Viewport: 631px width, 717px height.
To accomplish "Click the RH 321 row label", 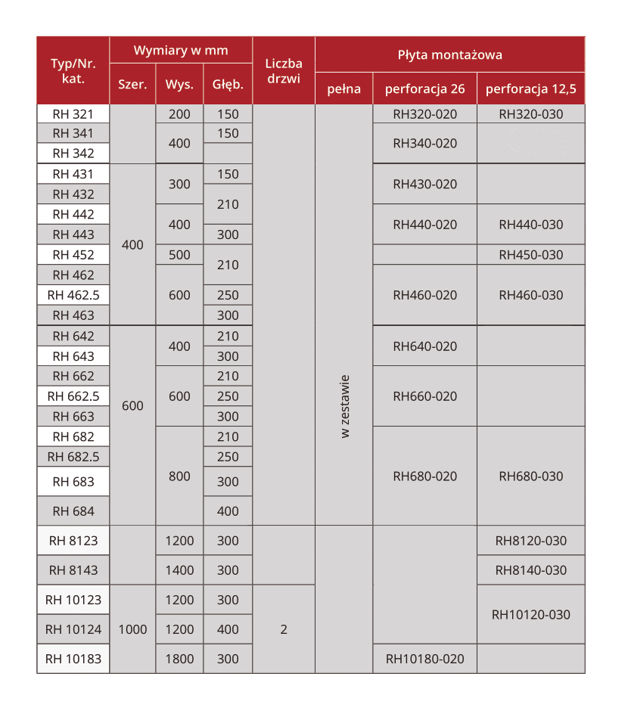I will click(x=73, y=114).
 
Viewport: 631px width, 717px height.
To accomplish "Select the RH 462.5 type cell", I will click(x=73, y=295).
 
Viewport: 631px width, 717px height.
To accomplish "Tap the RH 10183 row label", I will click(x=73, y=659).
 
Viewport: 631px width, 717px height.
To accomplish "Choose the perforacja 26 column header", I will click(x=424, y=89).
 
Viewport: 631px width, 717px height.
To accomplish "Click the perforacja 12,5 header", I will click(x=530, y=89).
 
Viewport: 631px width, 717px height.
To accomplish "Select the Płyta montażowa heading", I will click(x=449, y=54).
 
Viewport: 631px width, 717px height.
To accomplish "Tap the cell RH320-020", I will click(x=424, y=114).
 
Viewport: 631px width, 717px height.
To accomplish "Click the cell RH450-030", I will click(x=530, y=255).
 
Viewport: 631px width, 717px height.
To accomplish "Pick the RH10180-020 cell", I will click(x=424, y=659).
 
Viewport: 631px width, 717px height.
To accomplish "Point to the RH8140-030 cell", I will click(x=530, y=570).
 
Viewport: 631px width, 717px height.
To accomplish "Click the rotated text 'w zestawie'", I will click(x=344, y=406).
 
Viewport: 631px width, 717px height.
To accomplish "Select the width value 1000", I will click(x=132, y=629).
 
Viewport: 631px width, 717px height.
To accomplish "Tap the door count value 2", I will click(x=284, y=629).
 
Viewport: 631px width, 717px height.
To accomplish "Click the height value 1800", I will click(x=179, y=659).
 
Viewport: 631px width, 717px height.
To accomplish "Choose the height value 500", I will click(x=179, y=255).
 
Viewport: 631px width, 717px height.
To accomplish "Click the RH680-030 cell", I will click(x=530, y=476).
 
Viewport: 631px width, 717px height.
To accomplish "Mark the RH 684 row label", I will click(x=73, y=511).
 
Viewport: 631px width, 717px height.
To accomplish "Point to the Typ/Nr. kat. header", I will click(x=73, y=70).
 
